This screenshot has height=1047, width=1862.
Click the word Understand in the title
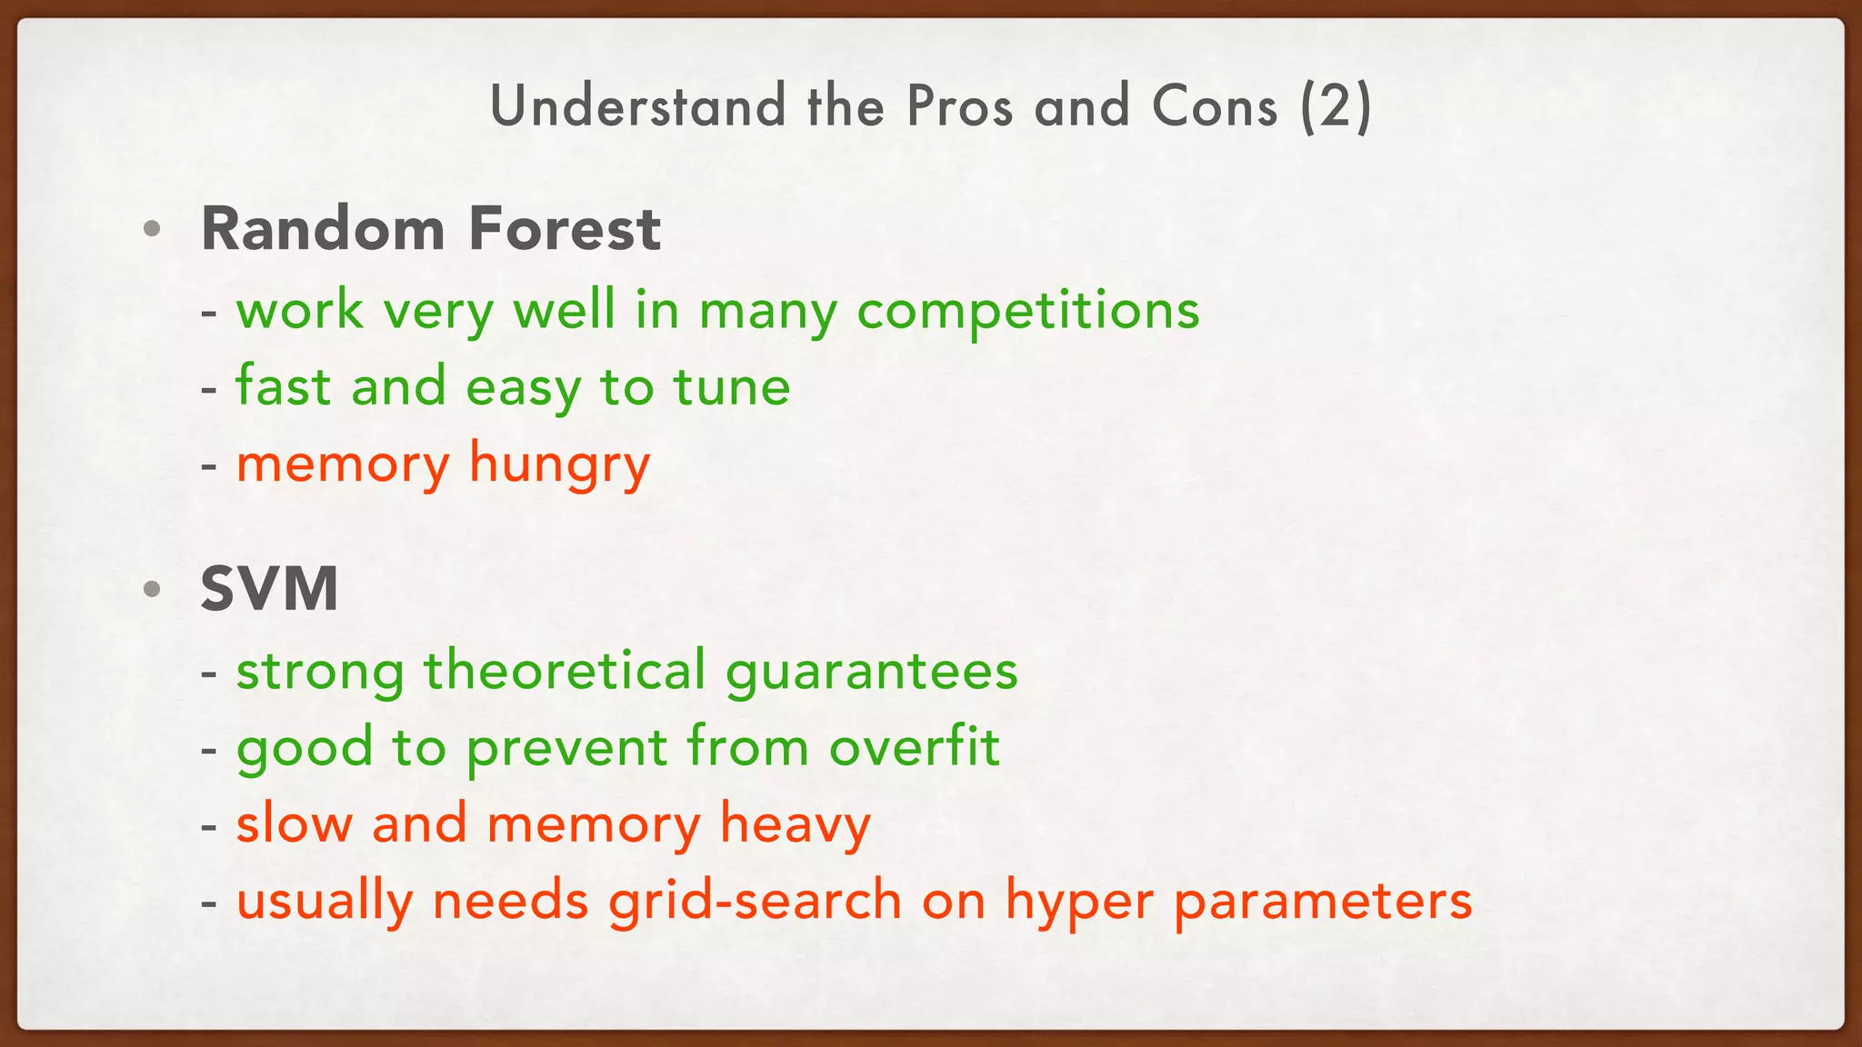[637, 106]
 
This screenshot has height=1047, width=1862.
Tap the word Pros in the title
[959, 106]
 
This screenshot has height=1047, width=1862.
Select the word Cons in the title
[1215, 106]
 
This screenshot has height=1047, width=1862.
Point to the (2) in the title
[1335, 106]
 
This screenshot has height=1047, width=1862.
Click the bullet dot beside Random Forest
[152, 229]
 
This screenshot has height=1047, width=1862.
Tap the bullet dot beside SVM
[152, 589]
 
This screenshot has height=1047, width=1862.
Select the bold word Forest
[564, 228]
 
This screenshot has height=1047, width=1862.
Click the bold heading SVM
[269, 589]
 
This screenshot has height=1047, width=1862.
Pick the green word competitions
[1027, 311]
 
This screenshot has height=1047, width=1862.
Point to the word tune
[732, 387]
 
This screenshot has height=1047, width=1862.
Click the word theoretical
[565, 671]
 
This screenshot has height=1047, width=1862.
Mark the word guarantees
[872, 673]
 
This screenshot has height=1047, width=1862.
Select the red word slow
[294, 823]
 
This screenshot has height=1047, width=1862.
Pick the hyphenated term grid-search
[756, 902]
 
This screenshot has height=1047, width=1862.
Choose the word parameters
[1323, 902]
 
